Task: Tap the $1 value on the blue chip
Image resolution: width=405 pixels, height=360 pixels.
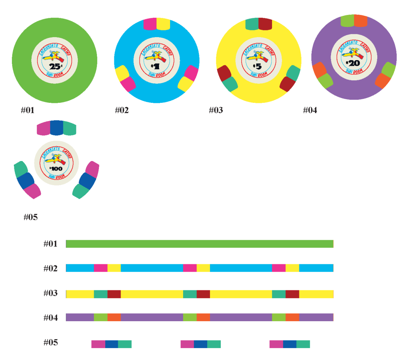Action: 154,66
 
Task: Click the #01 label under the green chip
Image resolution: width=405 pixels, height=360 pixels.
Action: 28,110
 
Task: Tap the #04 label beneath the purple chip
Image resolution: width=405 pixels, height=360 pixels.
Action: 310,110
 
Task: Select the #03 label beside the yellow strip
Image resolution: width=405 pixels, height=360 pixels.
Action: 50,293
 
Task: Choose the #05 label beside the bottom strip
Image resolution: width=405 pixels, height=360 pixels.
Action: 50,342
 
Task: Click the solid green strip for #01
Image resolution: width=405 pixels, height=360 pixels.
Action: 200,244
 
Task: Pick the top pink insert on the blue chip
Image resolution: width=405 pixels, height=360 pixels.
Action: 150,24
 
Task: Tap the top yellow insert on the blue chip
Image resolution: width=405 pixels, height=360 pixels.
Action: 163,24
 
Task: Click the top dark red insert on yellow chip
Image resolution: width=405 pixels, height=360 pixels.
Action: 265,24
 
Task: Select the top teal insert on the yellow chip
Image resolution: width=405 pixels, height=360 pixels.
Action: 252,24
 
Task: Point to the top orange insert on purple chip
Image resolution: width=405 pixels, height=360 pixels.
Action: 361,21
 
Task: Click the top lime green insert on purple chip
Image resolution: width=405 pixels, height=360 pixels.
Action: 347,21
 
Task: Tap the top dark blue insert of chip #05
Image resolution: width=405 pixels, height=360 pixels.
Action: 57,128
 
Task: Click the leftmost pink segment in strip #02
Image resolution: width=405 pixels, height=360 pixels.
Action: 100,268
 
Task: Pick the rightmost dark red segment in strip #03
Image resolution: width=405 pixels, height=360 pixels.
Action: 292,294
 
